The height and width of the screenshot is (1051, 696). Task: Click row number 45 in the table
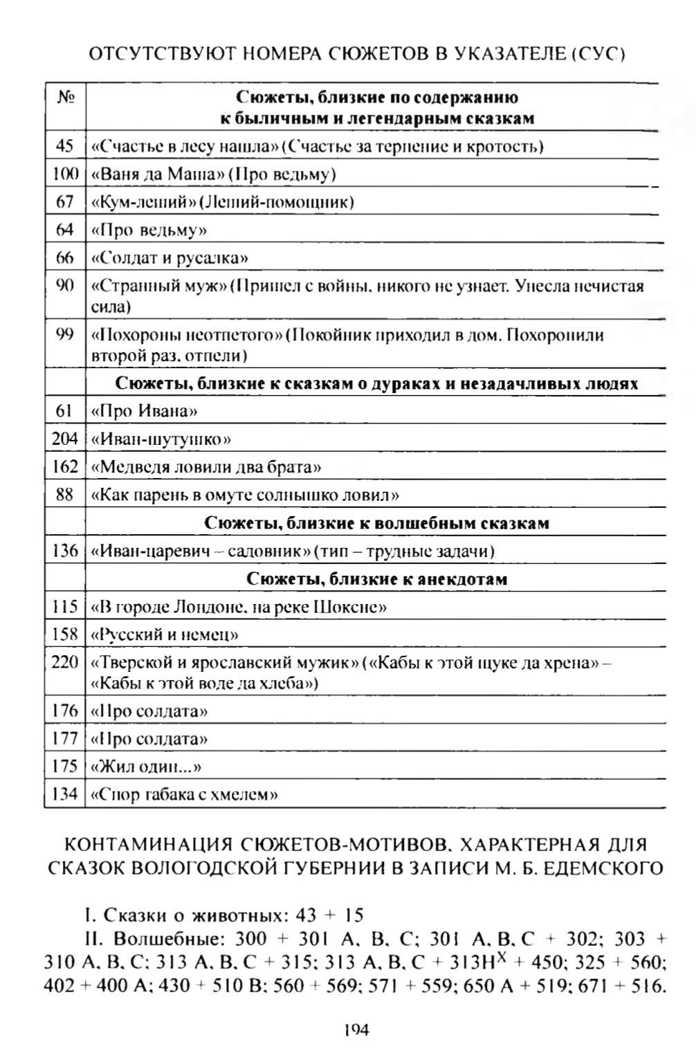64,147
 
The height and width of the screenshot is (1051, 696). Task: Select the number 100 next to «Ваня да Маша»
65,174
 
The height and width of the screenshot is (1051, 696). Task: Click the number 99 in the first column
64,335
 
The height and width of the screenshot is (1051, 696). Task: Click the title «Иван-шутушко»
161,439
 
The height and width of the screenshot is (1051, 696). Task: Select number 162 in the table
65,467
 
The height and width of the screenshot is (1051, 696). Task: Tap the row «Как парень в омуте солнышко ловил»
246,495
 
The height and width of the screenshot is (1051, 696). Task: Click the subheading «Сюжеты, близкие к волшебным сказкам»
376,523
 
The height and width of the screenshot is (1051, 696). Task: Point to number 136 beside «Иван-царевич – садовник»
65,551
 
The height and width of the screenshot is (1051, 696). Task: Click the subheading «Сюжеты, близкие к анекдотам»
376,579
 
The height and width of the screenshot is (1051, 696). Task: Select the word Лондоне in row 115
194,607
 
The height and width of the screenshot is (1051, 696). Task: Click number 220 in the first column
65,663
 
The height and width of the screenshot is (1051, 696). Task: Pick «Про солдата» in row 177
149,739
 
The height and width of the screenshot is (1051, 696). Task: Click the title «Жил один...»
146,767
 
